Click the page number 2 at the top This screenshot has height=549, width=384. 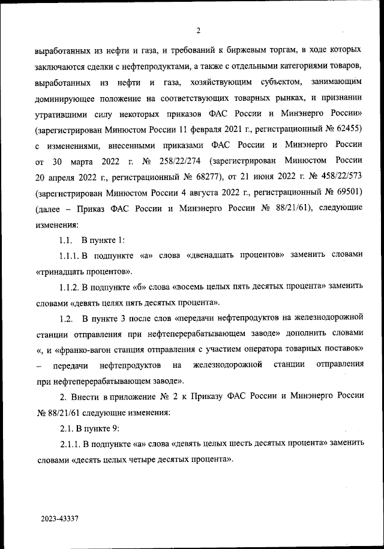pyautogui.click(x=197, y=31)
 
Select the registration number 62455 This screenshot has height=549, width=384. pyautogui.click(x=344, y=128)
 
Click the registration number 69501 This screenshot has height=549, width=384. pyautogui.click(x=344, y=193)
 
